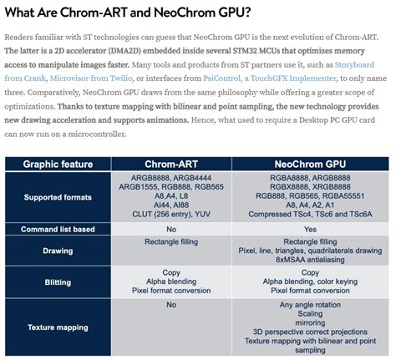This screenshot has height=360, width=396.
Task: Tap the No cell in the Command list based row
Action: (x=171, y=228)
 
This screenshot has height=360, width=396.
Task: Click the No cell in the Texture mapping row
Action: (x=171, y=305)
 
